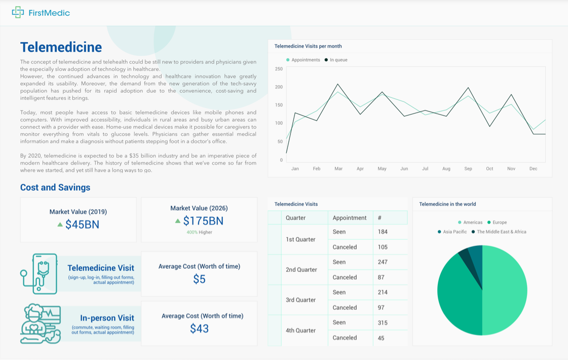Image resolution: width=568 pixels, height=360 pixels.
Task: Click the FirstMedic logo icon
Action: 18,12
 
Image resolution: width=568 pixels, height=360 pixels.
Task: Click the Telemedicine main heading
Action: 61,47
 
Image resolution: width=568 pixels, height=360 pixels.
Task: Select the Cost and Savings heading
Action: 55,187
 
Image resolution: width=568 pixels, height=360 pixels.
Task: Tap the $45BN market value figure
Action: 82,224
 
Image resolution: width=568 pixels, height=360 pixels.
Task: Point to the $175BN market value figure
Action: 203,221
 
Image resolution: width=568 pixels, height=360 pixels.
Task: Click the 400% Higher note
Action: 199,232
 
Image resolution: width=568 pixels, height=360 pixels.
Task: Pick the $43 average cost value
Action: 199,329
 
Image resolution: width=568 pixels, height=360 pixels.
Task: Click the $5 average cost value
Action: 199,279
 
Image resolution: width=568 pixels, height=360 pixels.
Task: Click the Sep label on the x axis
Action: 468,168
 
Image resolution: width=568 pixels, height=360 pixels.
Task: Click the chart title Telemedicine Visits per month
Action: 308,46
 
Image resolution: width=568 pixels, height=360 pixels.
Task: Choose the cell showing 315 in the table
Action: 383,322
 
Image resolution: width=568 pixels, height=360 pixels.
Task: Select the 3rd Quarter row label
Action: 300,300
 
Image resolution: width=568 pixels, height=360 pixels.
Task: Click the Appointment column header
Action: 350,218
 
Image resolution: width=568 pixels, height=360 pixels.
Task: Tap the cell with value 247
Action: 383,262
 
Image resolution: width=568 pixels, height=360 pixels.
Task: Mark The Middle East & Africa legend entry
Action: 501,232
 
